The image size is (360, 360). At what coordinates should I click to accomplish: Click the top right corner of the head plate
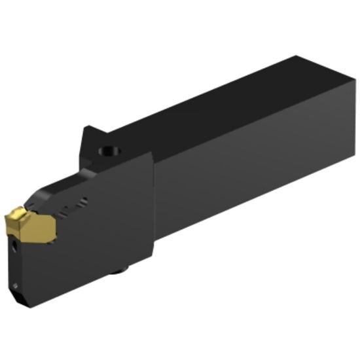[x=153, y=156]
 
